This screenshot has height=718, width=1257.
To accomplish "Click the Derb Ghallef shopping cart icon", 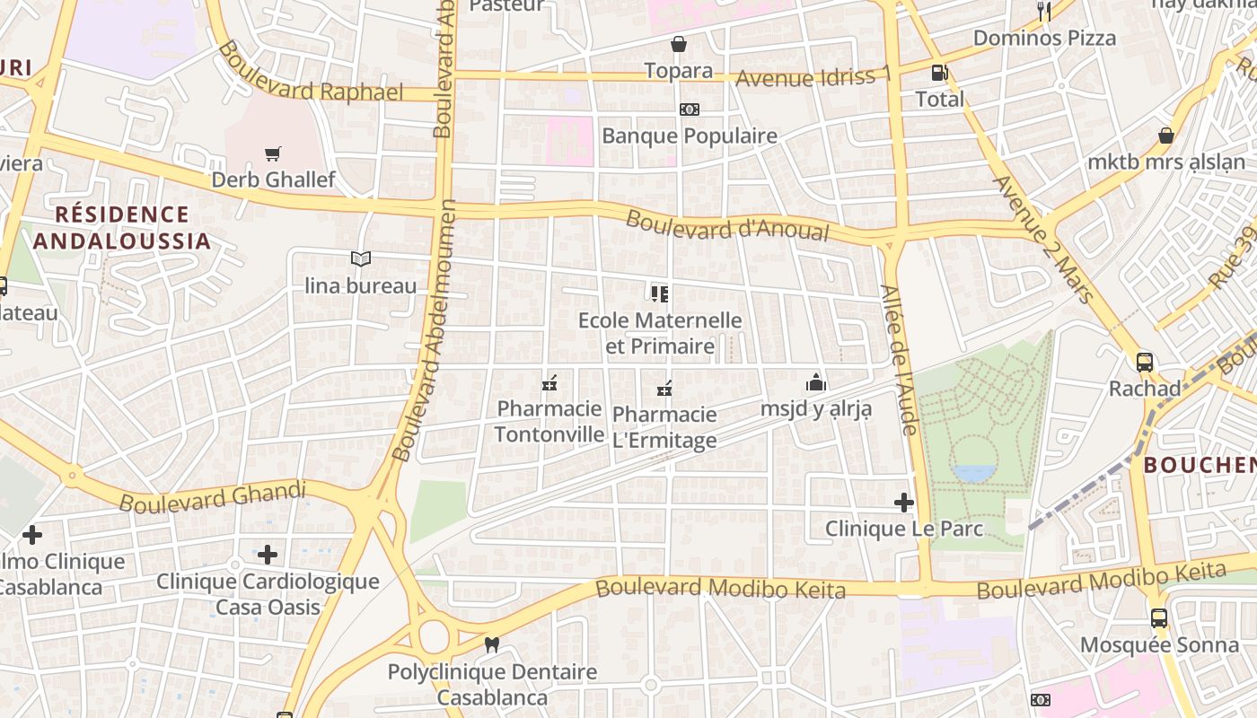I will click(273, 153).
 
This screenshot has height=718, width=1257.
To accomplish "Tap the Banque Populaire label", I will click(689, 136).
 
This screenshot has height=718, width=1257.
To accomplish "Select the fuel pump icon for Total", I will click(938, 73).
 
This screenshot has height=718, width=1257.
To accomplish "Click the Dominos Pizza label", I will click(1044, 38).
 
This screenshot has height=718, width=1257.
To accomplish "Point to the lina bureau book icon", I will click(361, 259).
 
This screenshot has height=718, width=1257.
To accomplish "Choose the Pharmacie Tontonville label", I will click(549, 422).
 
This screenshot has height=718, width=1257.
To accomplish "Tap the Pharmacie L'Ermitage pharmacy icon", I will click(664, 389).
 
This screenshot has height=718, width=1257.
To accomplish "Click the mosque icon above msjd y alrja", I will click(815, 382).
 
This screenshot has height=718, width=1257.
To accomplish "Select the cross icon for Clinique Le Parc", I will click(904, 503).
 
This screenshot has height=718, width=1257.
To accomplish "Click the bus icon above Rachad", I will click(1145, 363).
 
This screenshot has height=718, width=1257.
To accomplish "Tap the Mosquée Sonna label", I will click(1159, 645).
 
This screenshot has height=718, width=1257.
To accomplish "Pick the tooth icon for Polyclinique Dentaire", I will click(491, 644).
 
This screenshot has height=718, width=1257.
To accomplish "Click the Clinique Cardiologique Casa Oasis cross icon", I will click(268, 555).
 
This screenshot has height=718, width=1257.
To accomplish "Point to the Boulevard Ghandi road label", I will click(213, 496).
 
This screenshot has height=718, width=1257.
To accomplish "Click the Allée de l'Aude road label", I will click(899, 360).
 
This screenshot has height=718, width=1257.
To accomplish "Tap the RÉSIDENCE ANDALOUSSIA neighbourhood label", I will click(122, 227).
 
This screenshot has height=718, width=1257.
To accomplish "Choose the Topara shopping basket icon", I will click(678, 44).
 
